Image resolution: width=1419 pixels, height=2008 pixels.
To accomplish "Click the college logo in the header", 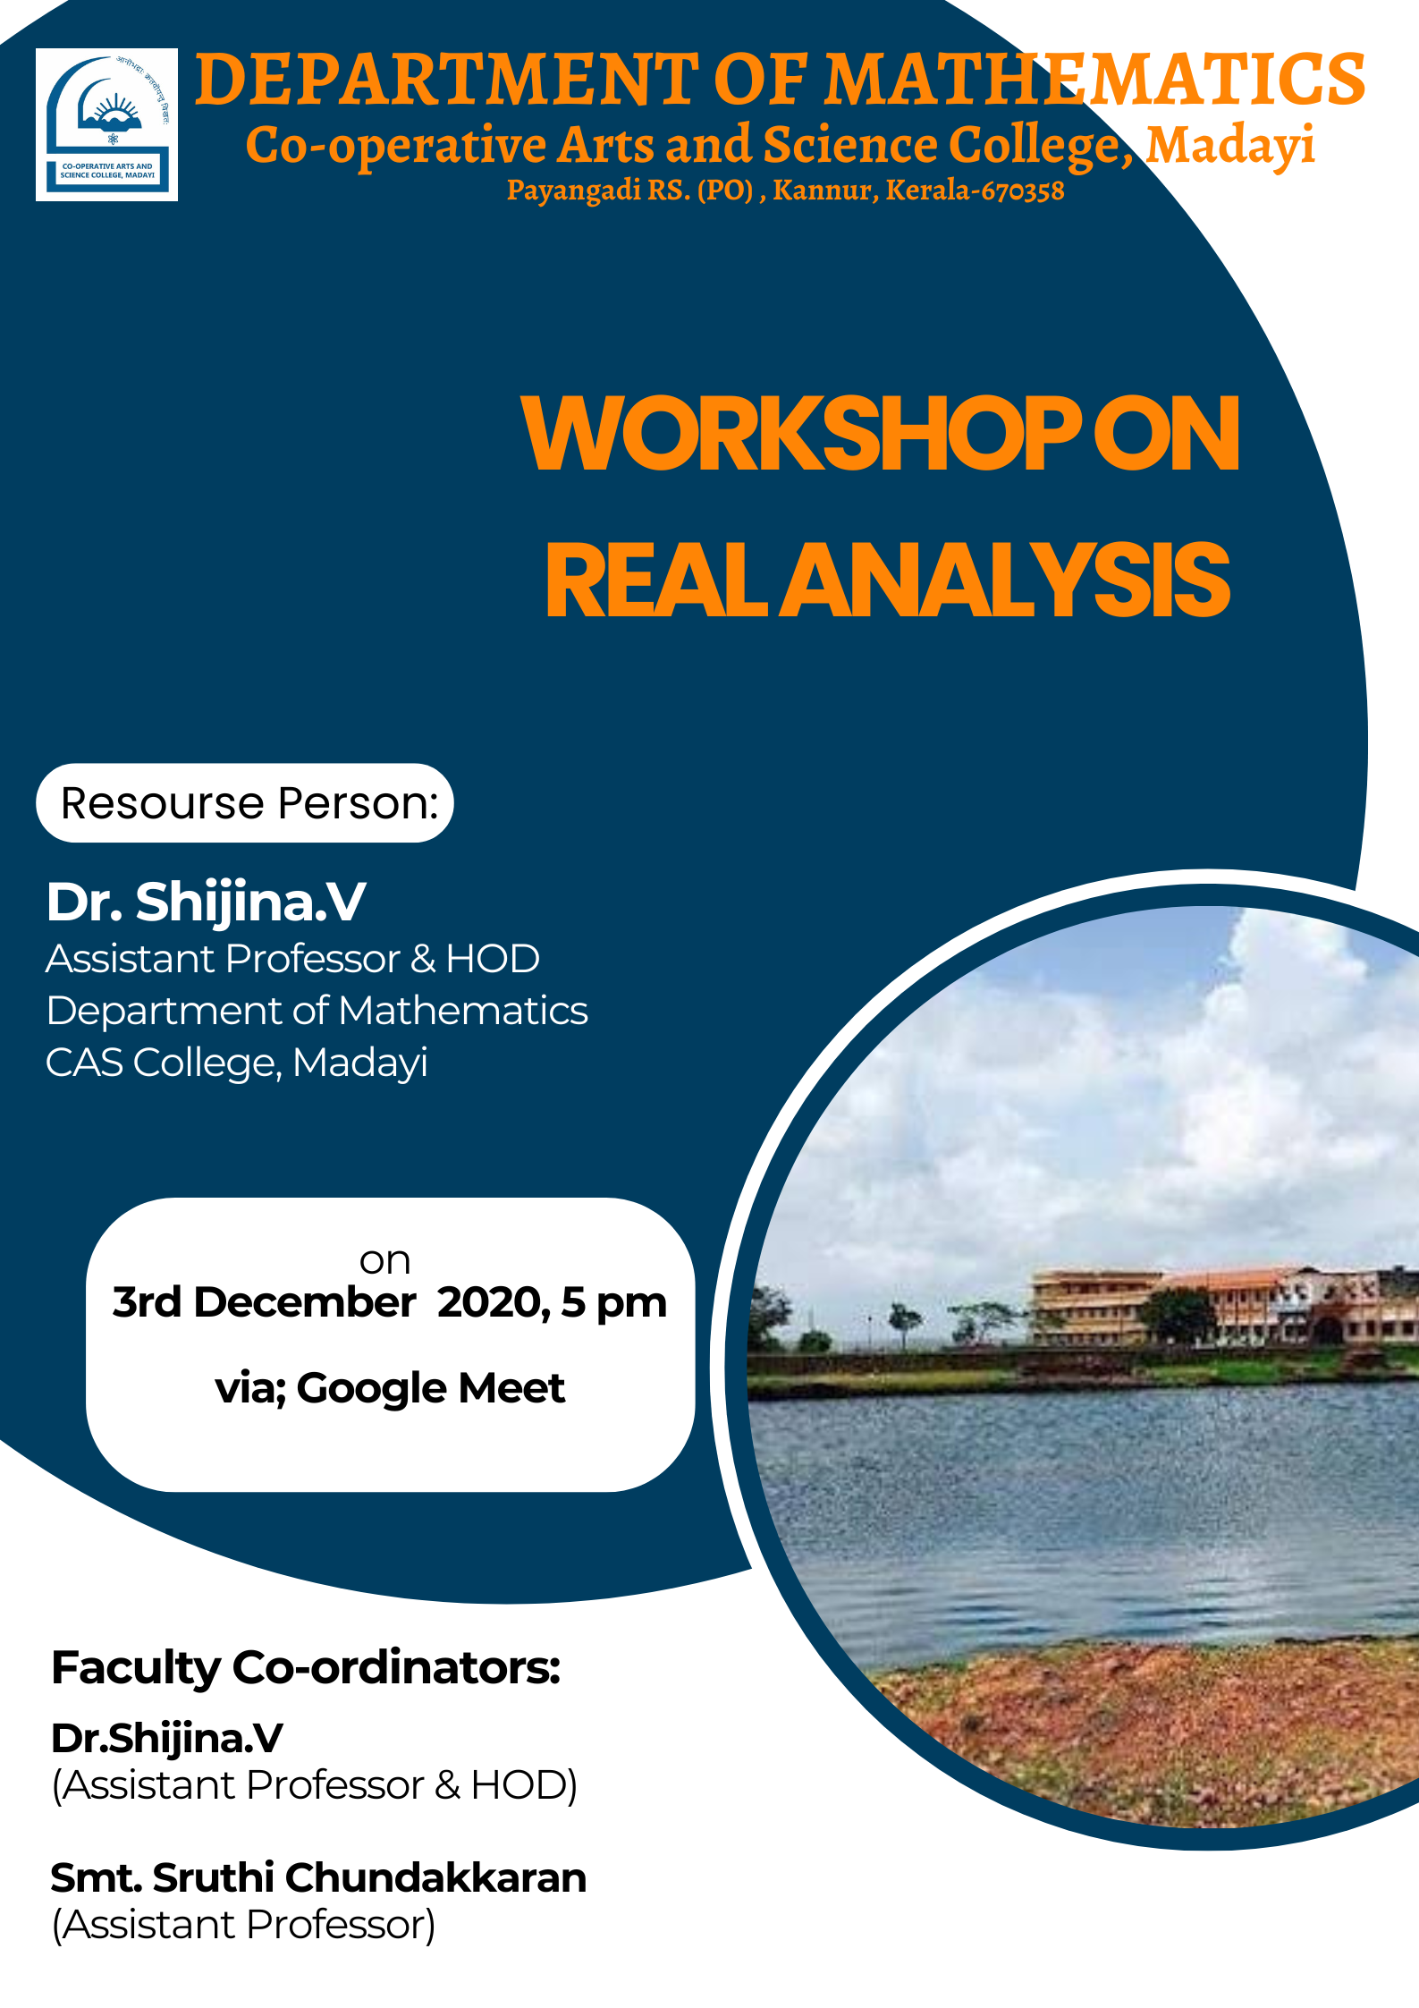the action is [106, 124].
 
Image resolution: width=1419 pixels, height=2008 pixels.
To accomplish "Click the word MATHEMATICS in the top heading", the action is [1094, 80].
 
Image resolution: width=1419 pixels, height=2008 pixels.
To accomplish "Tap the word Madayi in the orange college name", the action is [1230, 145].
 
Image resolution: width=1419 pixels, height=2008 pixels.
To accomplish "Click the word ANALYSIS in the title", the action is [1006, 581].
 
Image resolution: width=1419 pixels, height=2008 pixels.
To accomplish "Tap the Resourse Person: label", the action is [249, 803].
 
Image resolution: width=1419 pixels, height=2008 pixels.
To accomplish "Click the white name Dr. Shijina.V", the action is [206, 902].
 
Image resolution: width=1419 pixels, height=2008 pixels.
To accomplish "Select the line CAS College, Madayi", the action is [237, 1063].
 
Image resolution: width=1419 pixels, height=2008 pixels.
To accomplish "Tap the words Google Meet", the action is [430, 1389].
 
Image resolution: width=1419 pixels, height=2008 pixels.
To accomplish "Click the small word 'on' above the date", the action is [384, 1261].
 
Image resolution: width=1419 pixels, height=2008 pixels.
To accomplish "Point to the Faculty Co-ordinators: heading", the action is [306, 1668].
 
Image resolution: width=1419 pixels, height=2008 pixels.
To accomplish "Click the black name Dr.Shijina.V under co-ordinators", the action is [167, 1739].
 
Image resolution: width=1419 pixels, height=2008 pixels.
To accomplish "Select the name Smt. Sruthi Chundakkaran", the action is [318, 1878].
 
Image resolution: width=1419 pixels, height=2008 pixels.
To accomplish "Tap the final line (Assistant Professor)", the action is [244, 1925].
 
